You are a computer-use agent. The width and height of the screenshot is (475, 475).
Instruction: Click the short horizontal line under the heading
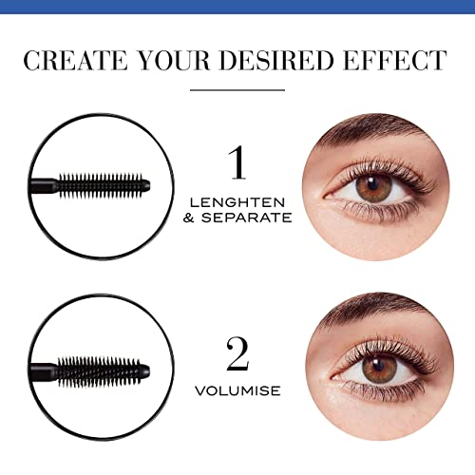pos(237,90)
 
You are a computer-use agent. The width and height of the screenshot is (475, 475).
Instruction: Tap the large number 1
pos(237,161)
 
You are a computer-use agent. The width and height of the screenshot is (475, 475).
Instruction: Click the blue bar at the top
pos(237,8)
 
